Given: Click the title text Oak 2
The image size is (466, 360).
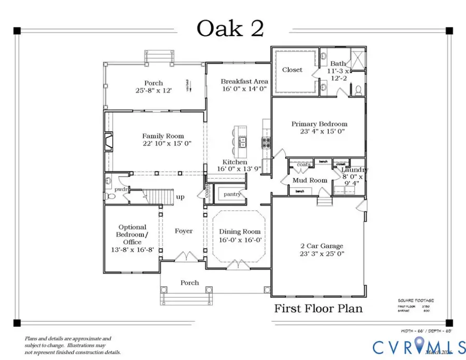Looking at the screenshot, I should (x=230, y=28).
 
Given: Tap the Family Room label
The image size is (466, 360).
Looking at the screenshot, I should (x=160, y=136).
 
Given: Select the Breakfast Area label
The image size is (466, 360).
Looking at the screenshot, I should (x=237, y=81).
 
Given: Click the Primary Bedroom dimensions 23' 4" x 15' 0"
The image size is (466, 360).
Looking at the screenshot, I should (x=319, y=132).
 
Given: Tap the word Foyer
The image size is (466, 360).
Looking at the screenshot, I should (x=183, y=231).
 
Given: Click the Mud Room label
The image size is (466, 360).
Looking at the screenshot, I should (x=310, y=180).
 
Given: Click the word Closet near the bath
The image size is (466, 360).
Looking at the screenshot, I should (x=292, y=69).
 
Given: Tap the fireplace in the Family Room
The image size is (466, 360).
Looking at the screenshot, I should (x=108, y=141).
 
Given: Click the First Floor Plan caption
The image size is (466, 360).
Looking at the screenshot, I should (x=318, y=309).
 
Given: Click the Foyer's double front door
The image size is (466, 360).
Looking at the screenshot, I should (x=183, y=257).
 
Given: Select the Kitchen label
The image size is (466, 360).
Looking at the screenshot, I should (x=235, y=162).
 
